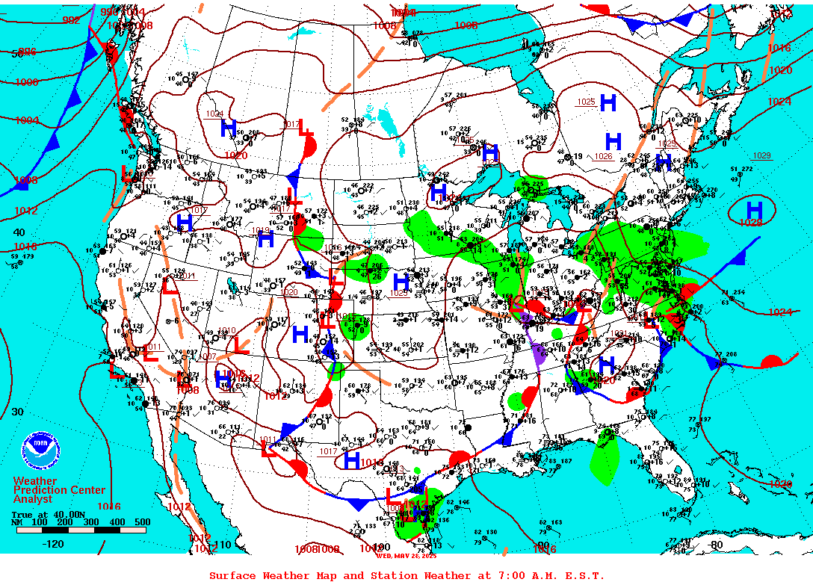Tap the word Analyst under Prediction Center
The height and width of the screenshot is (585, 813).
coord(33,499)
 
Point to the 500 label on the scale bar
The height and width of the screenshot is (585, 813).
coord(142,522)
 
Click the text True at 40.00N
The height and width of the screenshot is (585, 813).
coord(42,514)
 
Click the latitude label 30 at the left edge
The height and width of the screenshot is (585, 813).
coord(18,412)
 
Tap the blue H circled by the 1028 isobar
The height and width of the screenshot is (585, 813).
coord(755,209)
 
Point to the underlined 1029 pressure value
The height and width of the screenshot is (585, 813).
coord(761,155)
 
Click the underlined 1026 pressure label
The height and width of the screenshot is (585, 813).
coord(604,156)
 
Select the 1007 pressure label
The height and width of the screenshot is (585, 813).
coord(208,357)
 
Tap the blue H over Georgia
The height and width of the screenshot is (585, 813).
coord(607,365)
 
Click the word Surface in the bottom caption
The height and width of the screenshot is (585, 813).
coord(232,575)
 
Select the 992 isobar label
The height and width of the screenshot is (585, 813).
coord(71,20)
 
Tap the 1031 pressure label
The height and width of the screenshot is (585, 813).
coord(619,333)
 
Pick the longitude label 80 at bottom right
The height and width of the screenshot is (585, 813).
coord(717,545)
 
